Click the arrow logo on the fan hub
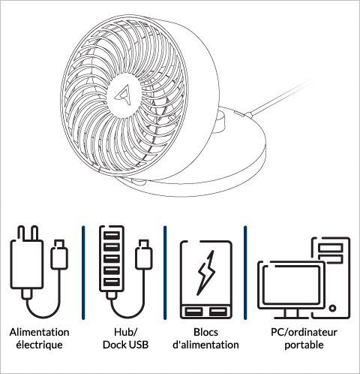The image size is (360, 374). point(123,95)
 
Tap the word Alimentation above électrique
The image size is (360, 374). point(40,333)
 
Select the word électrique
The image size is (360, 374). point(40,345)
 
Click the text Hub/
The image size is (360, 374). point(125,333)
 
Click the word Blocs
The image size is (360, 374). point(205,333)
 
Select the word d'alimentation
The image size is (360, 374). point(205,345)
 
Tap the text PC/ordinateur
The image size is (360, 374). point(304,333)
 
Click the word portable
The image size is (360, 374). point(304,345)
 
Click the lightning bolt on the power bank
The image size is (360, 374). point(206,273)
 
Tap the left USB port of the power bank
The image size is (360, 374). point(193,312)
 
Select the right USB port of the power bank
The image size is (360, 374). point(218,312)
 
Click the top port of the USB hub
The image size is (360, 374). point(112,236)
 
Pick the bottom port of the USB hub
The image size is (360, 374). point(112,282)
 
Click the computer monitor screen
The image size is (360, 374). point(292,285)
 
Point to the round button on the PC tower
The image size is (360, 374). point(332,308)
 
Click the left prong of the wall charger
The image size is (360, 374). point(21,234)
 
